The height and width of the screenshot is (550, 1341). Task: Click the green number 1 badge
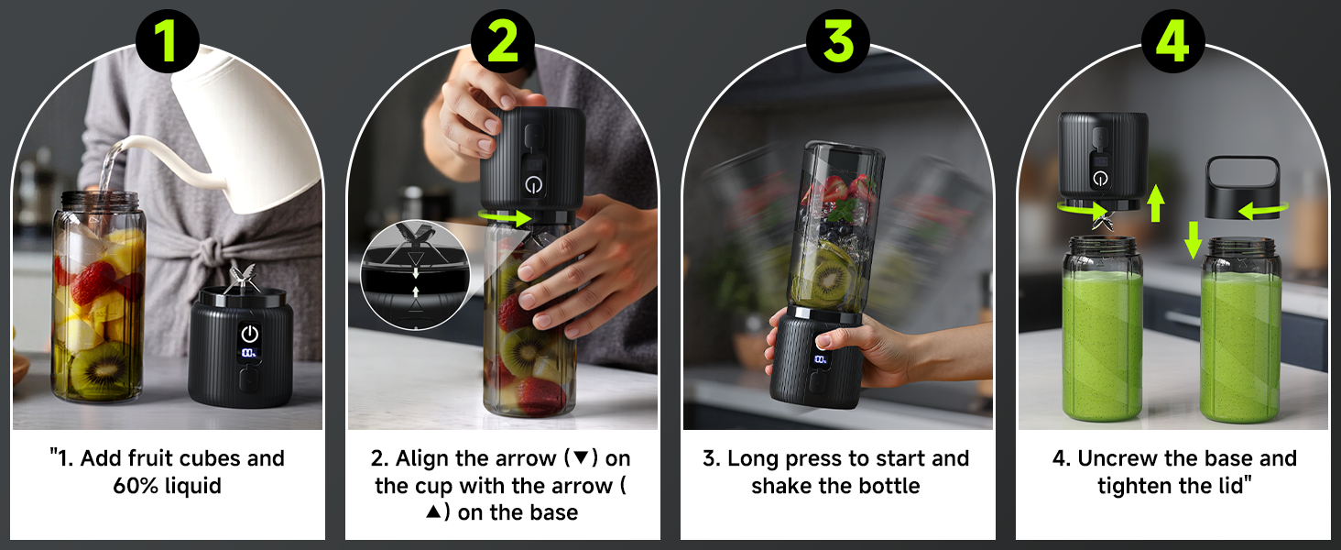167,41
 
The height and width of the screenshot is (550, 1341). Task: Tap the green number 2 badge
502,41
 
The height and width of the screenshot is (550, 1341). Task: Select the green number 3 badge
837,41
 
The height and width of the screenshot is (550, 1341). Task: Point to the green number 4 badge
1172,41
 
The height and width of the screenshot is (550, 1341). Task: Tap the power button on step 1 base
249,334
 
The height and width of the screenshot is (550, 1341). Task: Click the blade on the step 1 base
243,277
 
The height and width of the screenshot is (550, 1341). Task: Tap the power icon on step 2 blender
533,183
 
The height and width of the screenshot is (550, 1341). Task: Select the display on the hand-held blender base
820,359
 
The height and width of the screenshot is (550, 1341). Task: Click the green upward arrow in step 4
1156,202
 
